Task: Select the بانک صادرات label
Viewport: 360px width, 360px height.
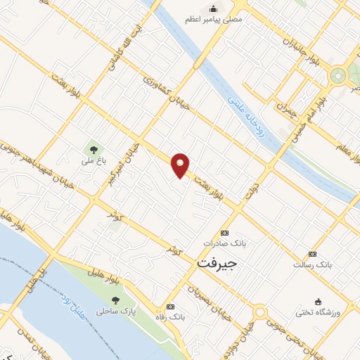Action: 223,243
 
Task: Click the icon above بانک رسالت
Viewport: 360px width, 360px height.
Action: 312,254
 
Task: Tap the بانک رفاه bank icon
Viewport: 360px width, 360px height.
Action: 170,307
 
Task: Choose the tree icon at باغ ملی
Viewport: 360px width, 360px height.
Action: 92,148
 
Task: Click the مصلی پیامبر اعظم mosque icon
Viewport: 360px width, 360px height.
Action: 212,8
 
